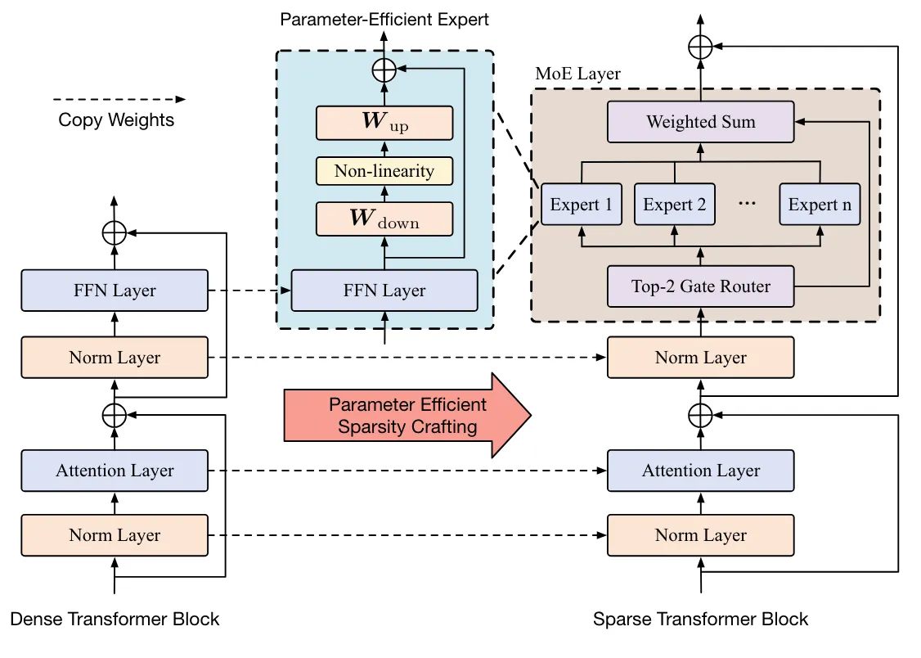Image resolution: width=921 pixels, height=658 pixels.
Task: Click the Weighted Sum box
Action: [x=700, y=122]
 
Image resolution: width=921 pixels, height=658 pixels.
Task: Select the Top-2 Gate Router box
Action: [x=700, y=286]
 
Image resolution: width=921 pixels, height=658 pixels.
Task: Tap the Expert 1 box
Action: [x=581, y=205]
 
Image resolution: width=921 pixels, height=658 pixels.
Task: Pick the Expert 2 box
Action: [x=674, y=205]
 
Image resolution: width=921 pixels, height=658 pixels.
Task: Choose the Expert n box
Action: [x=820, y=205]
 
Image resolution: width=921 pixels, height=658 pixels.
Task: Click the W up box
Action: [x=384, y=123]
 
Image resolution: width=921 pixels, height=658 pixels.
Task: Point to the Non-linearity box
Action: [x=384, y=171]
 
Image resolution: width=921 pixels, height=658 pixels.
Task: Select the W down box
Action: [x=384, y=219]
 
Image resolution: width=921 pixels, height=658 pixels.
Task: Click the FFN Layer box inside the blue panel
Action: [x=384, y=291]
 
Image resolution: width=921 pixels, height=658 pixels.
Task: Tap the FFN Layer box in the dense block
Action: [x=115, y=291]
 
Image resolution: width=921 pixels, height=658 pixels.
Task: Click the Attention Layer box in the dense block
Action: [x=115, y=471]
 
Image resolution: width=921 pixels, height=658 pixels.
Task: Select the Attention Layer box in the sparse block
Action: [x=700, y=471]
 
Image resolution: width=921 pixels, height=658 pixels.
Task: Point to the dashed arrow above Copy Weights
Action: [x=119, y=99]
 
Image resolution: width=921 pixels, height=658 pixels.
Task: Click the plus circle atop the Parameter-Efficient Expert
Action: [x=384, y=70]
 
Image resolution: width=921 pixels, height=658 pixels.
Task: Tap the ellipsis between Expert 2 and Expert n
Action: [x=746, y=205]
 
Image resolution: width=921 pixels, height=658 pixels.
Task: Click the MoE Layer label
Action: [x=577, y=74]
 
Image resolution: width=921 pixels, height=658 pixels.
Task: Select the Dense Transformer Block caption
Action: [x=115, y=619]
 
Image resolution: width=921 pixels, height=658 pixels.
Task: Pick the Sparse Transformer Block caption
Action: [x=701, y=619]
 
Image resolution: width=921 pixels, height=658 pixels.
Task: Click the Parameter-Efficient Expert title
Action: [x=384, y=19]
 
